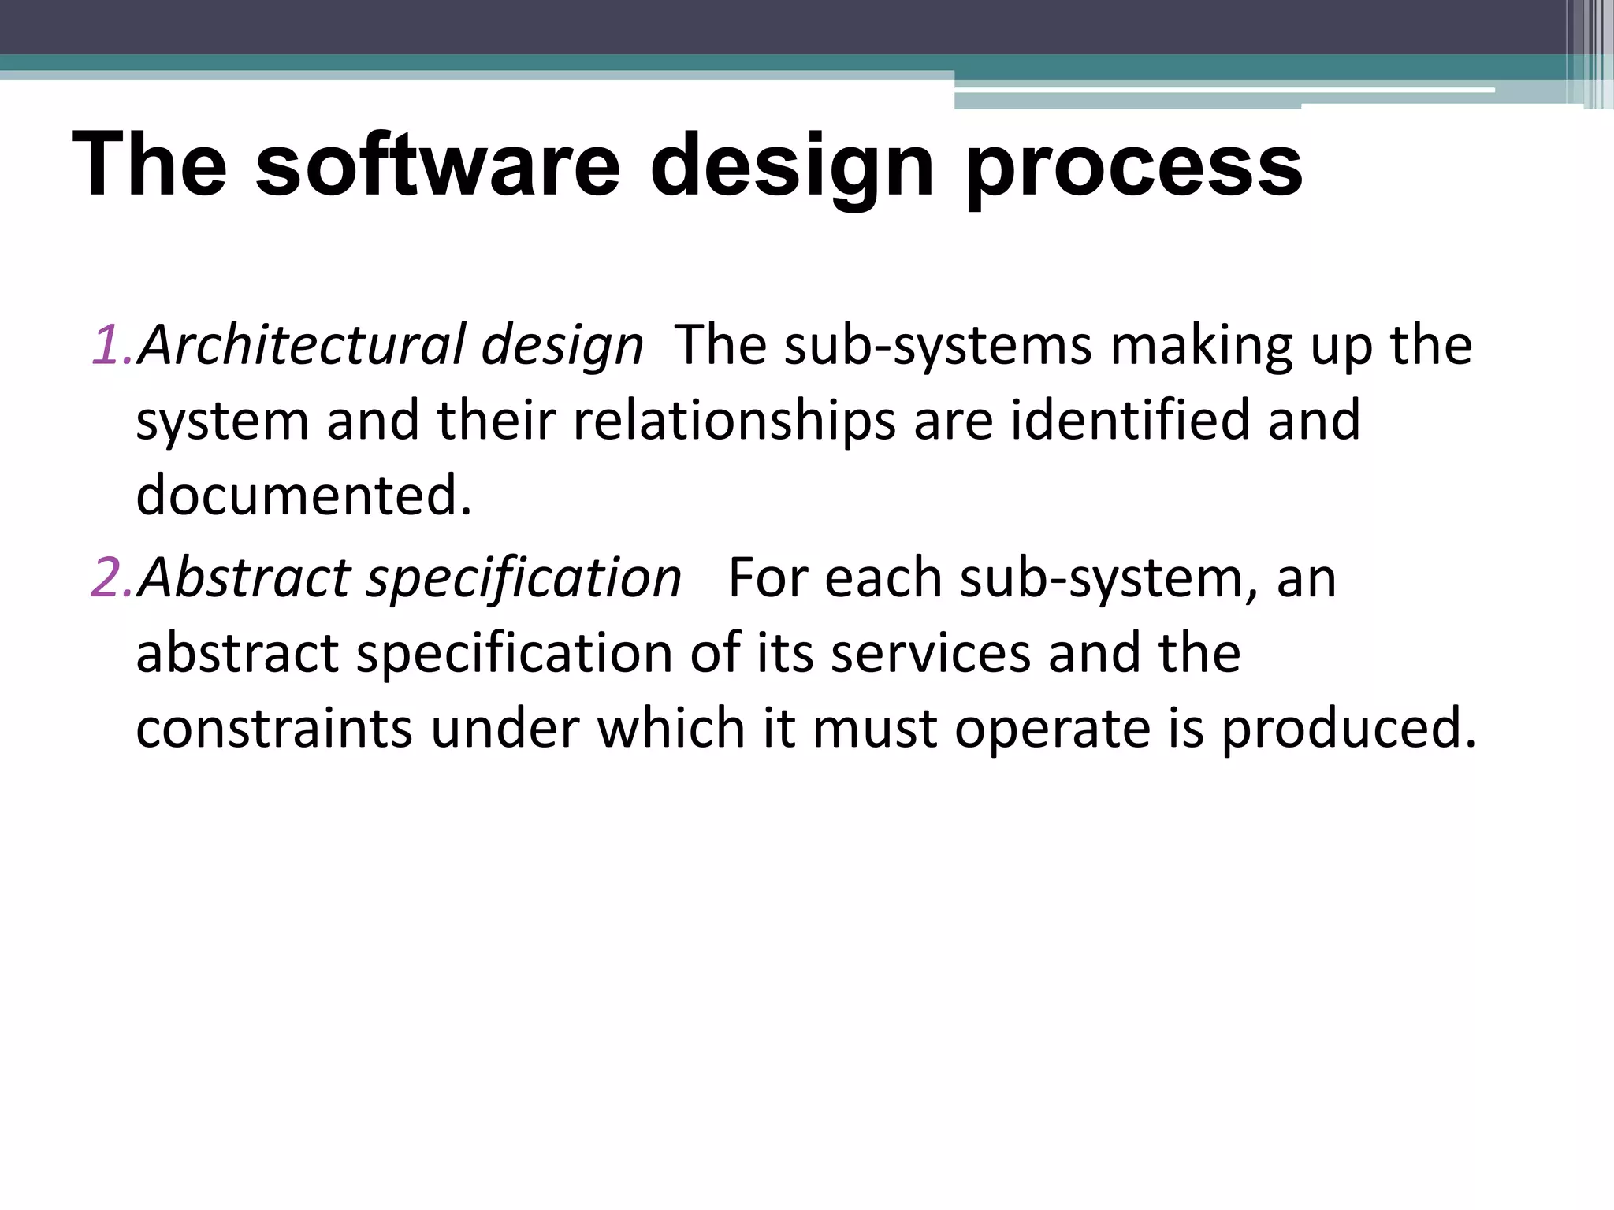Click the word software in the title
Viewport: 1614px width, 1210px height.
tap(437, 165)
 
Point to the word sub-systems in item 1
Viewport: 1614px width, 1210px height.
tap(938, 347)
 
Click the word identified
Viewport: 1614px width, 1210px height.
tap(1129, 419)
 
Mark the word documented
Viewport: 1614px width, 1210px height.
tap(303, 495)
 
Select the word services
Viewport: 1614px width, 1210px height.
tap(931, 653)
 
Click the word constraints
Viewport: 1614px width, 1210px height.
tap(274, 727)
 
